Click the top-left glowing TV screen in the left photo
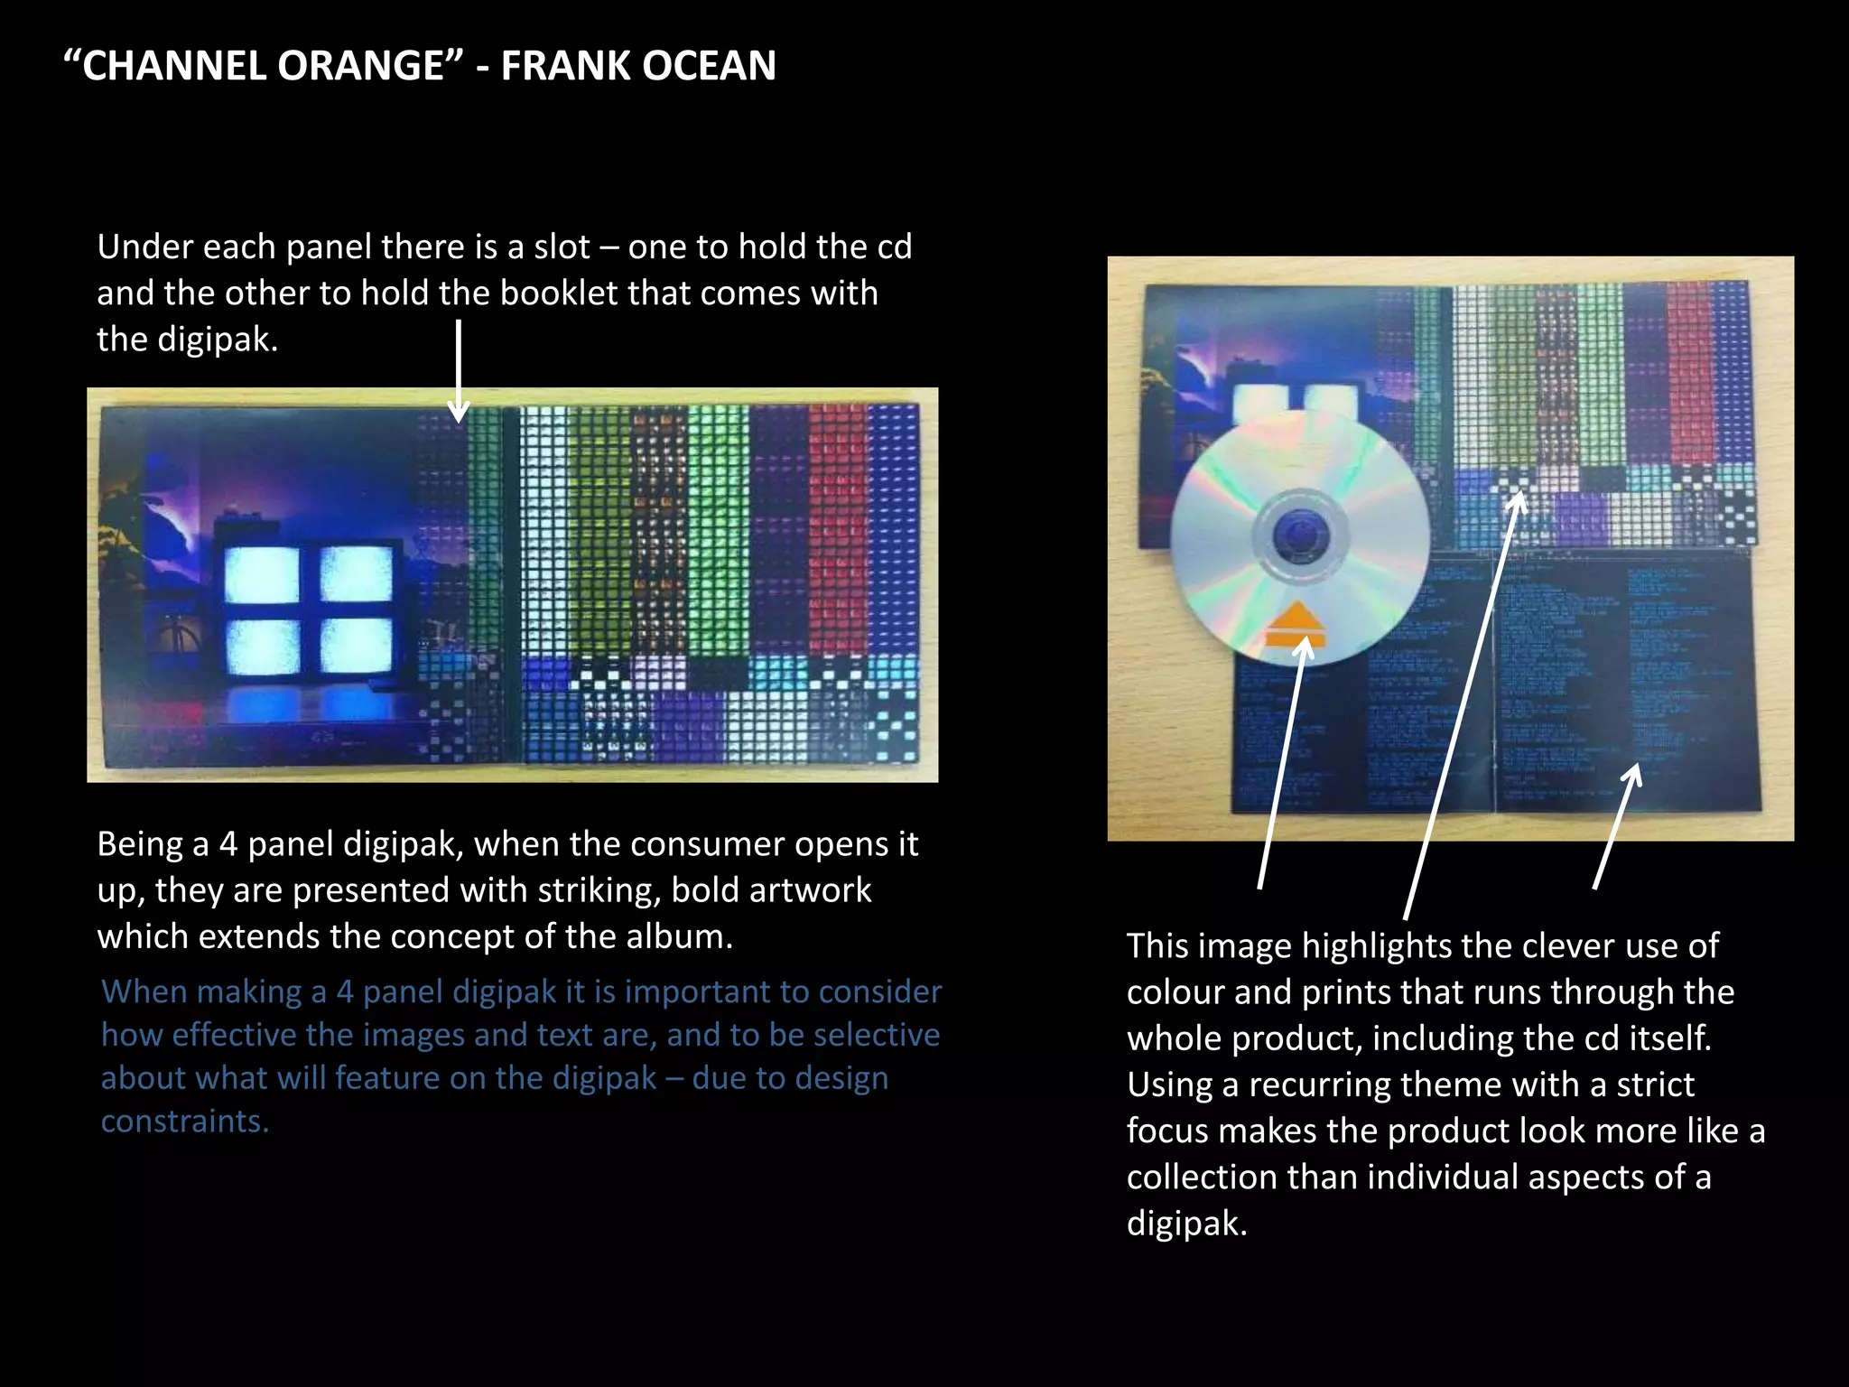(261, 574)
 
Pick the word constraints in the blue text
(184, 1122)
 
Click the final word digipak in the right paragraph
(1185, 1224)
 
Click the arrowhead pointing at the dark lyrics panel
(1631, 777)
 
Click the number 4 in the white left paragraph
(228, 844)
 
